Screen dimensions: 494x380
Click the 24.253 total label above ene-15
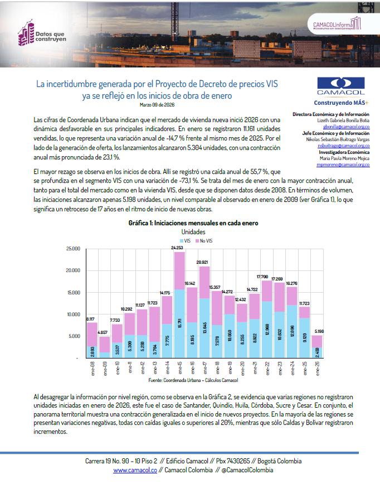coord(178,248)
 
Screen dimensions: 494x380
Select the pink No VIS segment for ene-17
coord(204,282)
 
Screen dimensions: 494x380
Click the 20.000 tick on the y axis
coord(73,270)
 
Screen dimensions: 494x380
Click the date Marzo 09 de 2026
coord(157,104)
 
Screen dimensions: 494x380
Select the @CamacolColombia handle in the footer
coord(247,470)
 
